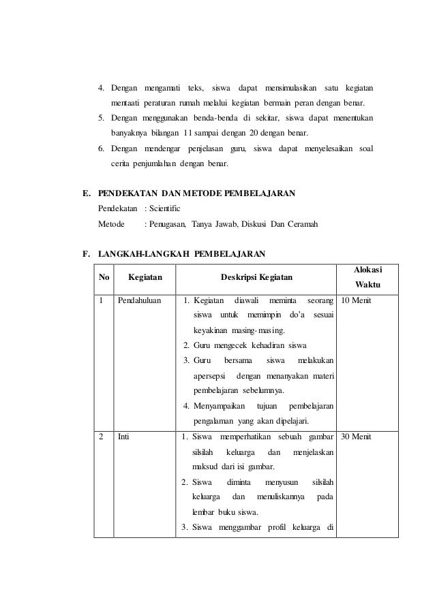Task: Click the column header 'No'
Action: [104, 278]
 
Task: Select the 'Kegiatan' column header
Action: [145, 278]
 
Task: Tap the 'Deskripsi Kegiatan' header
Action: [256, 278]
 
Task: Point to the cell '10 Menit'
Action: [356, 300]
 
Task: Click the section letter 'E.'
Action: [87, 193]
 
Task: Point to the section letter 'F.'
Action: [87, 255]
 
